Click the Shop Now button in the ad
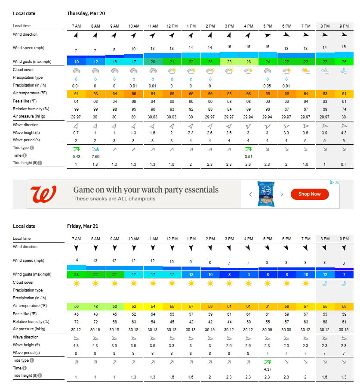tap(310, 194)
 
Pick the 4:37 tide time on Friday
tap(268, 369)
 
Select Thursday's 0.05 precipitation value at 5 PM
tap(268, 86)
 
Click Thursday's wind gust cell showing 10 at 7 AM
tap(76, 62)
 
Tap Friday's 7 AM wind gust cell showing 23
tap(76, 274)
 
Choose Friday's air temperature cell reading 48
tap(95, 306)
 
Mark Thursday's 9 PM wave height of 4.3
tap(344, 132)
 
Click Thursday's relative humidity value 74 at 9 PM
tap(344, 109)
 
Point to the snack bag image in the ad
tap(266, 194)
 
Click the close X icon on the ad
tap(337, 183)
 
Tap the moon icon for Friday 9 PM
tap(344, 283)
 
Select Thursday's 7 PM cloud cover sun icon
tap(305, 71)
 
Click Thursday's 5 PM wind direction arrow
tap(268, 35)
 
